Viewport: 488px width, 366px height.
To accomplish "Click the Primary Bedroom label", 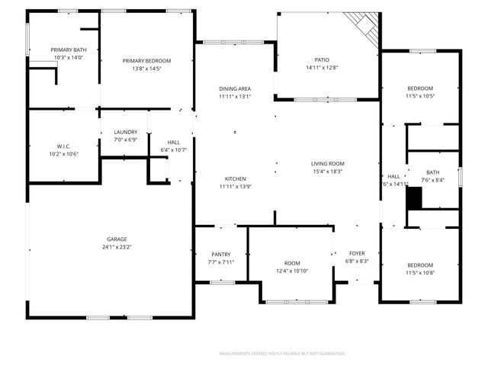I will pyautogui.click(x=147, y=61).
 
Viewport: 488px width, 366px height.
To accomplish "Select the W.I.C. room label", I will pyautogui.click(x=63, y=146).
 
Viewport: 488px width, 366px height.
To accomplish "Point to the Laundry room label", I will pyautogui.click(x=125, y=132).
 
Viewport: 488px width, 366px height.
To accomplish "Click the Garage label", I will pyautogui.click(x=117, y=239).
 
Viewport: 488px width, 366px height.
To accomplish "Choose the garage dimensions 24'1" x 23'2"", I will pyautogui.click(x=117, y=247).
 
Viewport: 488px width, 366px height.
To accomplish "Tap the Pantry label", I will pyautogui.click(x=220, y=254).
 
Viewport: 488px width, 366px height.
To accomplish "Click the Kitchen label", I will pyautogui.click(x=235, y=178).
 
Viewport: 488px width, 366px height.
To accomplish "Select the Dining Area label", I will pyautogui.click(x=235, y=89).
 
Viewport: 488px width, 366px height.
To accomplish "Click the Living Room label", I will pyautogui.click(x=328, y=163).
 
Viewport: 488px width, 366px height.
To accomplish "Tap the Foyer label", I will pyautogui.click(x=358, y=253).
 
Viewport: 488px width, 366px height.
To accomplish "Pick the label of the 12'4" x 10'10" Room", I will pyautogui.click(x=293, y=262).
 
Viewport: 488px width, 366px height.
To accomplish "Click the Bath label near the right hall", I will pyautogui.click(x=433, y=172).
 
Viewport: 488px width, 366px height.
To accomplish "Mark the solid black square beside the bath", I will pyautogui.click(x=413, y=198).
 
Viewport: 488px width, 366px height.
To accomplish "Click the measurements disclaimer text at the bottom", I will pyautogui.click(x=282, y=354).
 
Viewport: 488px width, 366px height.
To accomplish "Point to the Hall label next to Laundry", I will pyautogui.click(x=174, y=142).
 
